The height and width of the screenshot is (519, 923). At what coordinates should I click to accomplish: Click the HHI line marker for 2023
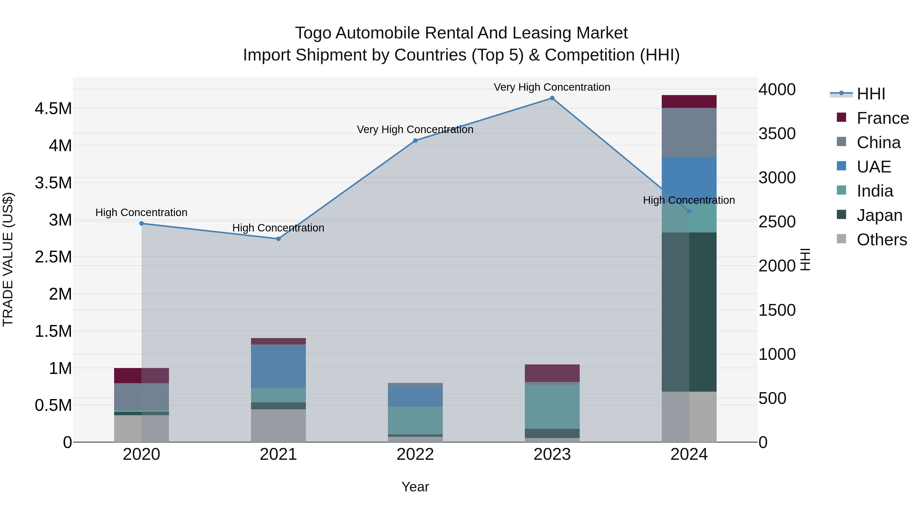552,98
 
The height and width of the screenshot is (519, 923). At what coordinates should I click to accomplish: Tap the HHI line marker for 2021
278,239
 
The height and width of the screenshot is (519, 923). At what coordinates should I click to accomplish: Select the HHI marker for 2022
415,141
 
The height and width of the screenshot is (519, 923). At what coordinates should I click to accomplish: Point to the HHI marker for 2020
142,223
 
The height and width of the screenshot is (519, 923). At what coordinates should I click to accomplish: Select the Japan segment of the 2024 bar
689,312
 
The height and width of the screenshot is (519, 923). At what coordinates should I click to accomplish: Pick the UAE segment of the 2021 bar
278,366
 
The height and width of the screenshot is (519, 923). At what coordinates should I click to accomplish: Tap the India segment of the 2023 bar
552,406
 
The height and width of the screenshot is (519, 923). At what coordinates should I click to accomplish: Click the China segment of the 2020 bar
142,396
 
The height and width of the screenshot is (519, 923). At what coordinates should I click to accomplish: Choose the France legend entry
882,118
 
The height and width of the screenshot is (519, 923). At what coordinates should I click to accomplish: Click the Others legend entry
881,240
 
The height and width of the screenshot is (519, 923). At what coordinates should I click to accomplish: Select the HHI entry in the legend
871,94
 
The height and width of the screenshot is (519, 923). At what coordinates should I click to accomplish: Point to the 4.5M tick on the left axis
53,108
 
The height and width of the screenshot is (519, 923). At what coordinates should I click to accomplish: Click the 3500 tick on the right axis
777,134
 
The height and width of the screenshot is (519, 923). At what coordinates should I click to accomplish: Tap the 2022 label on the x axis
415,454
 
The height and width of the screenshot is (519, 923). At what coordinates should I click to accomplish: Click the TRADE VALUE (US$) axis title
8,259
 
